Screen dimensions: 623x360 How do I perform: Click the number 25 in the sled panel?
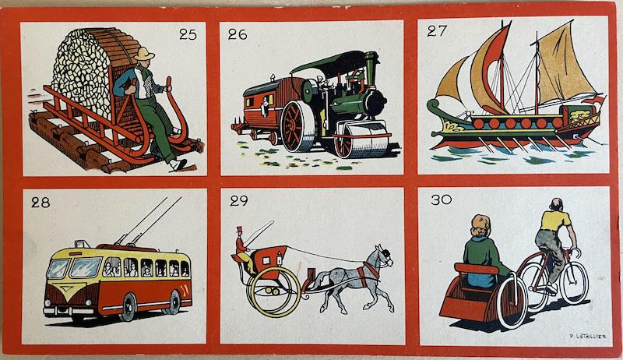188,34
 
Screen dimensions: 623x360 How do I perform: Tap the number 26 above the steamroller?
238,34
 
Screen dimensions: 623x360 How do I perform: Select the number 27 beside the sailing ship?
437,31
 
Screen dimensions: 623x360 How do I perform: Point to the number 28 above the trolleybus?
40,203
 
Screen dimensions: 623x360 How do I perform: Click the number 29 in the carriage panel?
239,201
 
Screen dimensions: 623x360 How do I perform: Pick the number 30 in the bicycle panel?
441,199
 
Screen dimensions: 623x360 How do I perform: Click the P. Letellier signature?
588,336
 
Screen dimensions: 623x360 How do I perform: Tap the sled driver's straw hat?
144,54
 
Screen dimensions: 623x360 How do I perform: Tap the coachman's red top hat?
239,230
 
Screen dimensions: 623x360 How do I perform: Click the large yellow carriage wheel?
274,291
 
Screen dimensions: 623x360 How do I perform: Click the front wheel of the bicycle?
574,283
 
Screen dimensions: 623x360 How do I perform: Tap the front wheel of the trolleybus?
128,307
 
